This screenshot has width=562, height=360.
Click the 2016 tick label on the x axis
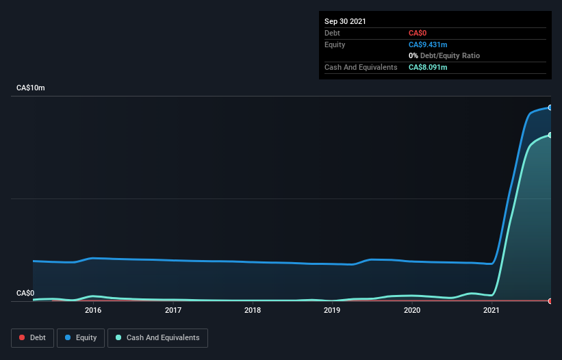93,310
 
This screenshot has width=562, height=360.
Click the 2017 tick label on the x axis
173,310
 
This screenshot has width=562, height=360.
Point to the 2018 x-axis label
253,310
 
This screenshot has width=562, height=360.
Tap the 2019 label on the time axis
332,310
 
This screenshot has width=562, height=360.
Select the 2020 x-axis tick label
412,310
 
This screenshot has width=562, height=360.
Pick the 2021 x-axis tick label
491,310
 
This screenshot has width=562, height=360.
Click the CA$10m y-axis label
31,88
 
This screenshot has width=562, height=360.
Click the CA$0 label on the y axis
25,293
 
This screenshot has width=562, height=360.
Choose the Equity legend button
81,337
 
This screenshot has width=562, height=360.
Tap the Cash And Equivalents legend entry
157,337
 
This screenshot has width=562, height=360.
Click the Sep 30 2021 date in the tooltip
345,21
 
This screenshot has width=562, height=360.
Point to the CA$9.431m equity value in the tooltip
428,44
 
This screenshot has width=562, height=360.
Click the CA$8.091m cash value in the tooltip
428,67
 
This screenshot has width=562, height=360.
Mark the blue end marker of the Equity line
550,107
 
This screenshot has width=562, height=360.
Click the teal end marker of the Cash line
550,135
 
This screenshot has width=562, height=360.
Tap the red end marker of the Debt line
550,301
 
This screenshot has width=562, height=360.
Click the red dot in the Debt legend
22,337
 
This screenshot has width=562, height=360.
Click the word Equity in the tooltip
335,44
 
